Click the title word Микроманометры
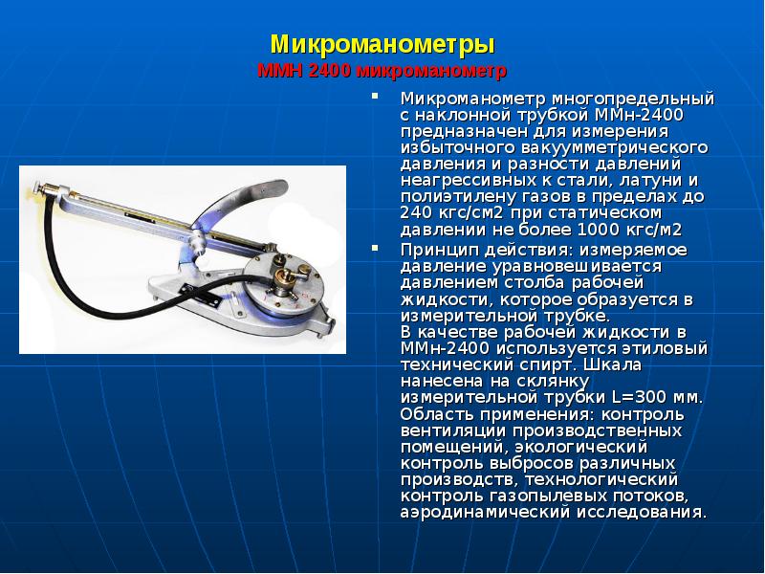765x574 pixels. pyautogui.click(x=382, y=44)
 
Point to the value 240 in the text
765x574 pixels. pyautogui.click(x=415, y=212)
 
